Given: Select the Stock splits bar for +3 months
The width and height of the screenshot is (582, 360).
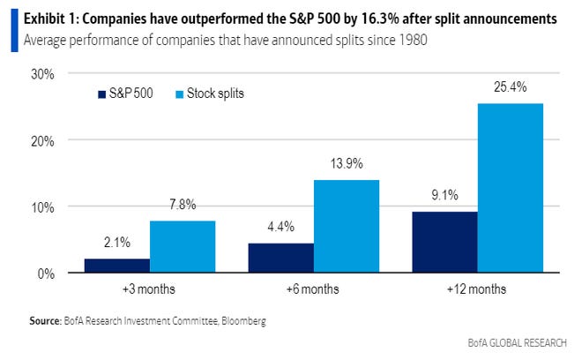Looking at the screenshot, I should pyautogui.click(x=182, y=247).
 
